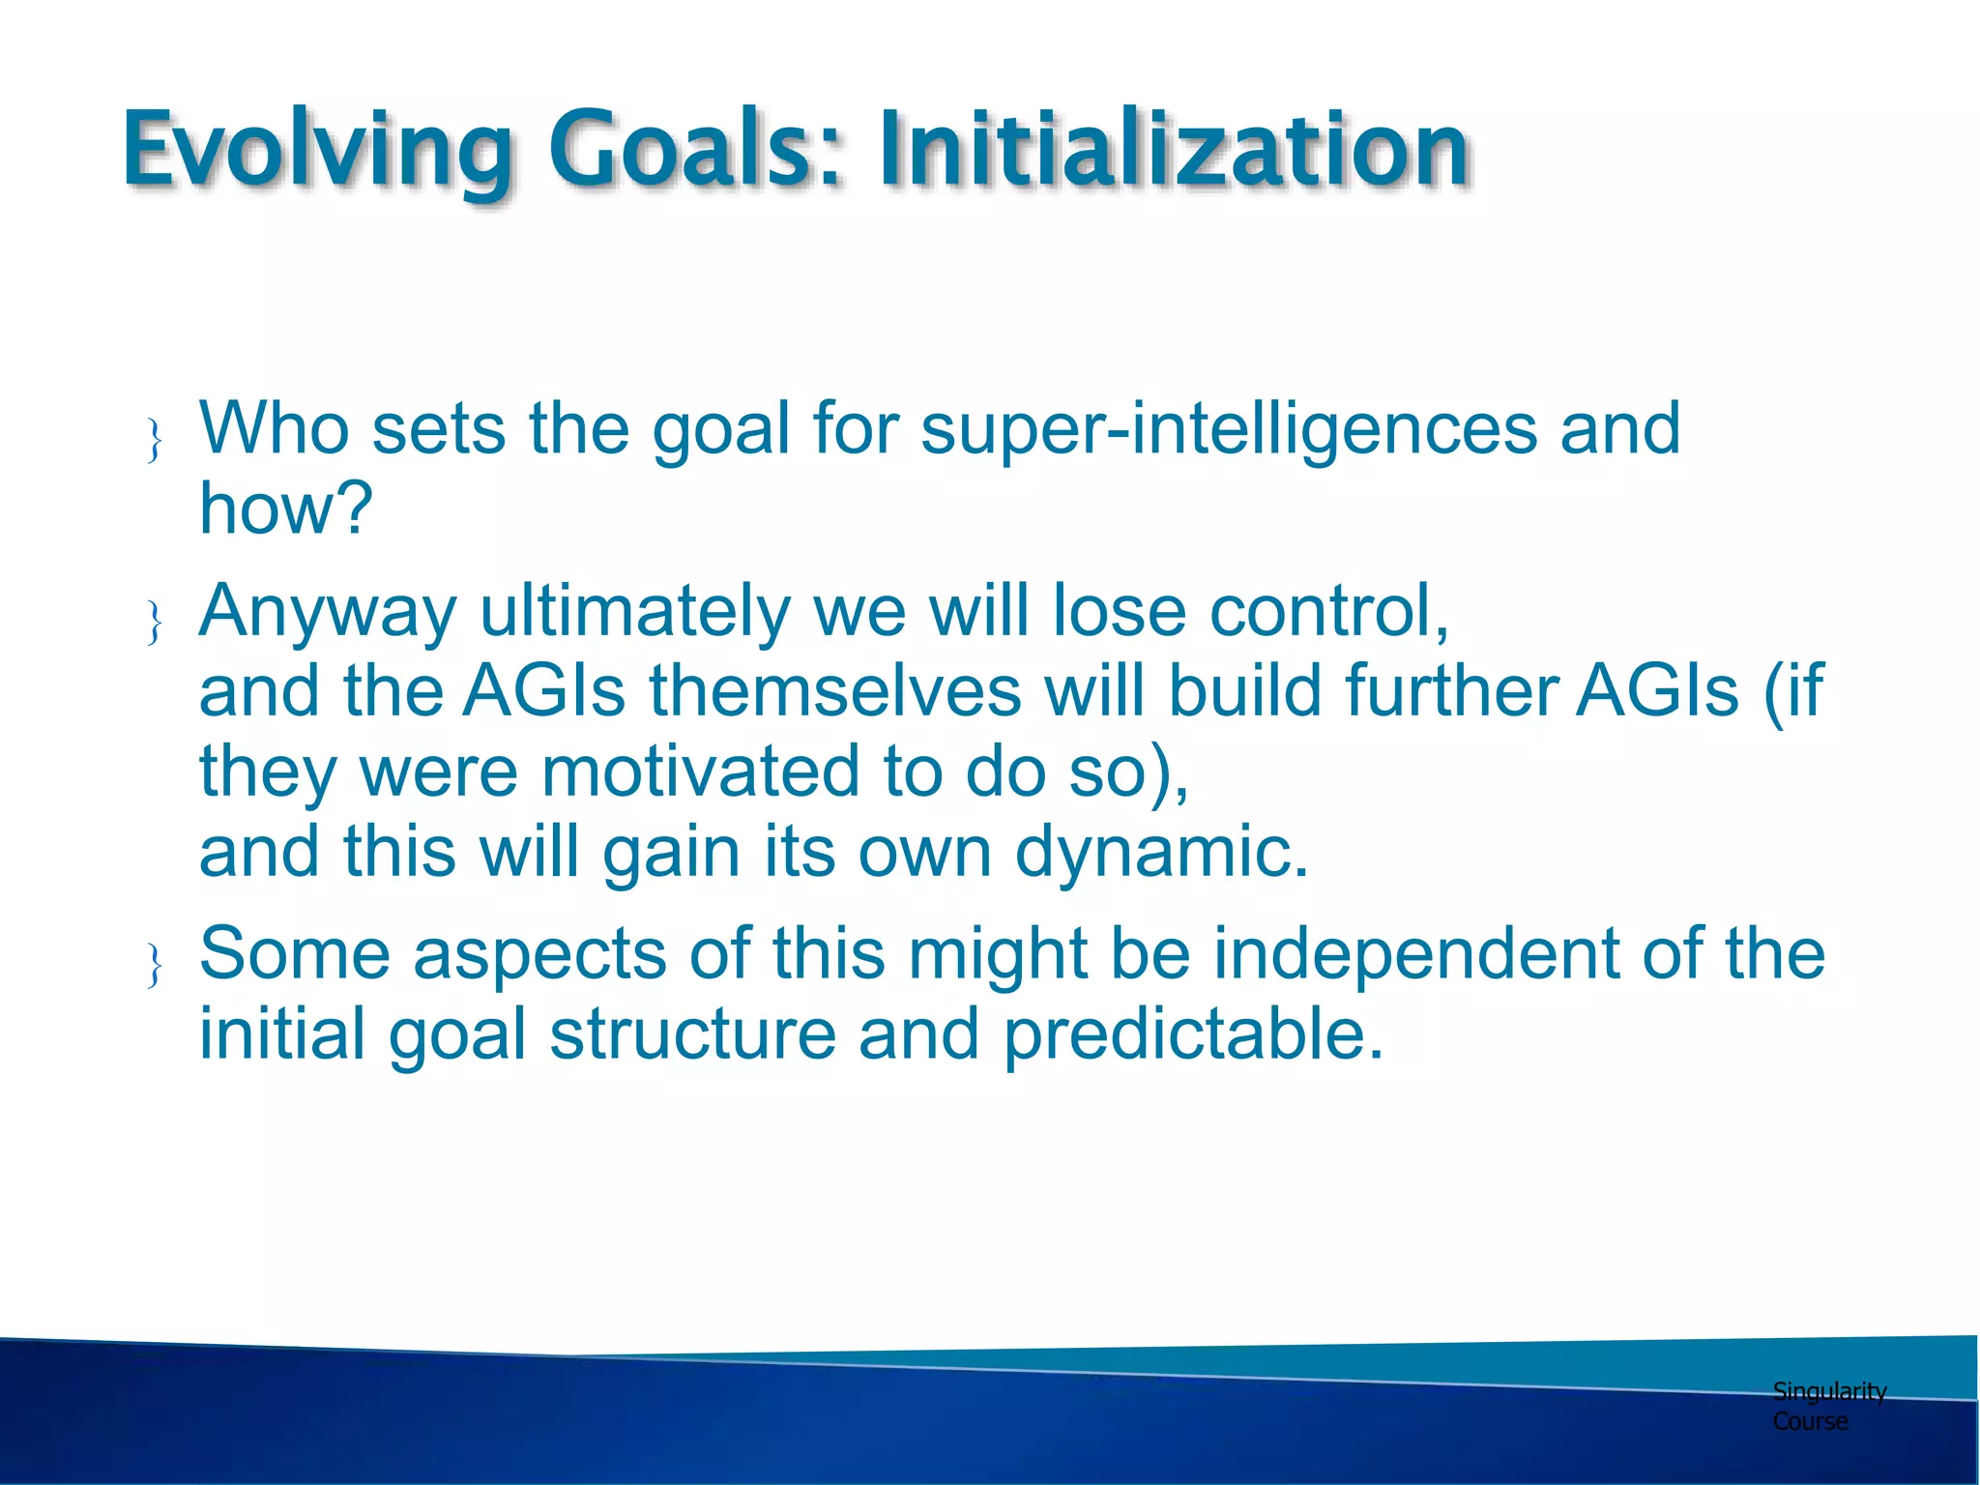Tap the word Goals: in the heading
coord(696,150)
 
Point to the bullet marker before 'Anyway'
coord(154,622)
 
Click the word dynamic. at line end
coord(1161,852)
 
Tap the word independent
coord(1415,953)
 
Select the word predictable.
coord(1193,1034)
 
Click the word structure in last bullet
coord(692,1034)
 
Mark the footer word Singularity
coord(1829,1391)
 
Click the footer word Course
coord(1810,1421)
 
